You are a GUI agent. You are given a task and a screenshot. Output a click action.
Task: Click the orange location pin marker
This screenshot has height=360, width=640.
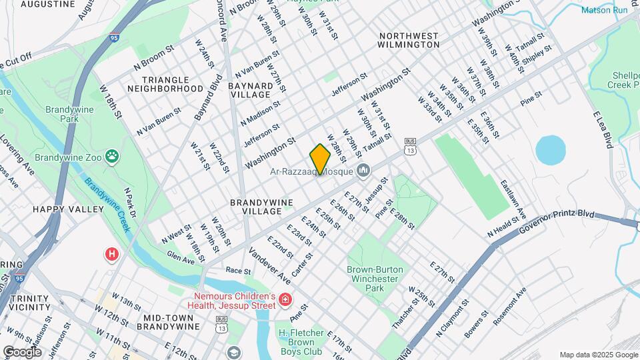pos(320,159)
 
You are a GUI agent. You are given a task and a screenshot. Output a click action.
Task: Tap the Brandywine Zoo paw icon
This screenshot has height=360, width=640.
pos(116,156)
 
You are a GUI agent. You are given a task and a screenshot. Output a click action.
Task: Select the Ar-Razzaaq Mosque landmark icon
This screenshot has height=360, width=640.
pos(363,171)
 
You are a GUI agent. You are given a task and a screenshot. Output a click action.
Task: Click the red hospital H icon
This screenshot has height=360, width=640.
pos(111,254)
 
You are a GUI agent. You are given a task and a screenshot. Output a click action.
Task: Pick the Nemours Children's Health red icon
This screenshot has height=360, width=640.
pos(285,301)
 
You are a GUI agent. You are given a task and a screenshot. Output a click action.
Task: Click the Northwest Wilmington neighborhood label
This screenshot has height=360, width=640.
pos(408,40)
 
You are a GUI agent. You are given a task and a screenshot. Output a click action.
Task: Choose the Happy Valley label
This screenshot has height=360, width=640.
pos(68,209)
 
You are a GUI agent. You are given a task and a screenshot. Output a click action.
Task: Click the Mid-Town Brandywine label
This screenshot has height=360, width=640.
pos(169,322)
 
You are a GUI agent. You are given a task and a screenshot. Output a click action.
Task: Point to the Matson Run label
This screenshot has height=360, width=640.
pos(604,10)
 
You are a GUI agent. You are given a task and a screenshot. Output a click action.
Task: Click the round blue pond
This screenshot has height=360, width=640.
pos(551,150)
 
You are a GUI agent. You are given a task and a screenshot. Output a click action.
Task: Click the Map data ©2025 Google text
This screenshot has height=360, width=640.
pos(598,355)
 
